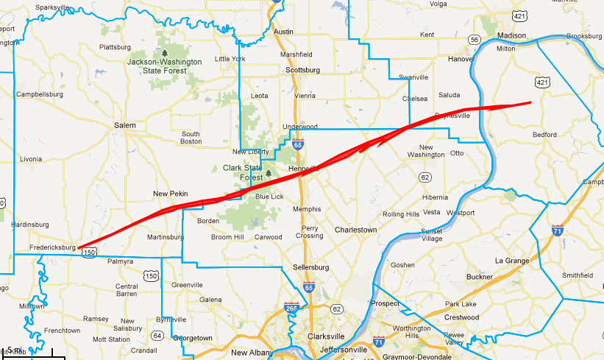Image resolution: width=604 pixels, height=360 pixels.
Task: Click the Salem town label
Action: click(125, 125)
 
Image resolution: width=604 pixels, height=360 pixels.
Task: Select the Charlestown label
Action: click(355, 230)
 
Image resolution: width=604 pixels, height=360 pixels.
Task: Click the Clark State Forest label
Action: click(243, 172)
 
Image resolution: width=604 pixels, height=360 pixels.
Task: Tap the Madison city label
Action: click(511, 35)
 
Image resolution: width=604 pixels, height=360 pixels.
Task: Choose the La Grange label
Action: click(511, 261)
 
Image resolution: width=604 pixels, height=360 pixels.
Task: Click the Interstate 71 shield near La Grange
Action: click(558, 230)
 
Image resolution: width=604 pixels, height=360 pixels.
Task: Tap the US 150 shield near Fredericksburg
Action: click(89, 252)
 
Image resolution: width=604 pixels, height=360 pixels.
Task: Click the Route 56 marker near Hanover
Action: click(475, 40)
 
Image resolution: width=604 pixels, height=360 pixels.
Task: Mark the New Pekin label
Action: click(170, 194)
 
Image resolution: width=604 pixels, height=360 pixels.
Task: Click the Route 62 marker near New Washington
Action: click(424, 177)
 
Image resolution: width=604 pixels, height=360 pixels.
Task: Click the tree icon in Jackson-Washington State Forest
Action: click(164, 53)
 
